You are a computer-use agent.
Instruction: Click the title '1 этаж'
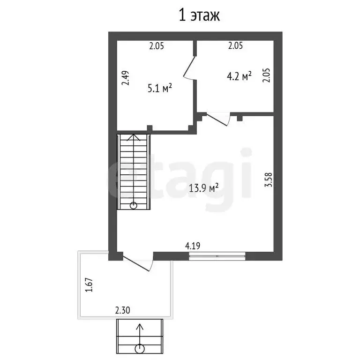point(199,15)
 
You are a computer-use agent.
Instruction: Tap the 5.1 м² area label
point(160,88)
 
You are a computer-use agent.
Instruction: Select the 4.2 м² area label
point(239,76)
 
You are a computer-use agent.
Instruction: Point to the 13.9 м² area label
point(203,188)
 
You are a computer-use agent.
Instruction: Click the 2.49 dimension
point(126,78)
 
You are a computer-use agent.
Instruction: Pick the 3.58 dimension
point(269,180)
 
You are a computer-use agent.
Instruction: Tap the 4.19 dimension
point(193,246)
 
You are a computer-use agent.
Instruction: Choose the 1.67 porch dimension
point(89,285)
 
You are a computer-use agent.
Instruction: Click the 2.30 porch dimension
point(123,310)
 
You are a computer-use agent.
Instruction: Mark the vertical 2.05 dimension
point(267,75)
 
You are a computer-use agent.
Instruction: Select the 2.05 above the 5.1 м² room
point(157,46)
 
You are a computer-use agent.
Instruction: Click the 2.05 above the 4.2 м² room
point(236,45)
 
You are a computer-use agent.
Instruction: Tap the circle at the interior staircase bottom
point(134,205)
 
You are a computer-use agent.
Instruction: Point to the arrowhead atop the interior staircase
point(134,137)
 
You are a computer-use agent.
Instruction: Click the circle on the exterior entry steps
point(140,349)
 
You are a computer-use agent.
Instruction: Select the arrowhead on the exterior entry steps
point(140,326)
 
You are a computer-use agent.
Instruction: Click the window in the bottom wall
point(217,256)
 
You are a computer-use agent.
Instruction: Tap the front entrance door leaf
point(136,263)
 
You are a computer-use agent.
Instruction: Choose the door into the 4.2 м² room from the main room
point(217,120)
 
